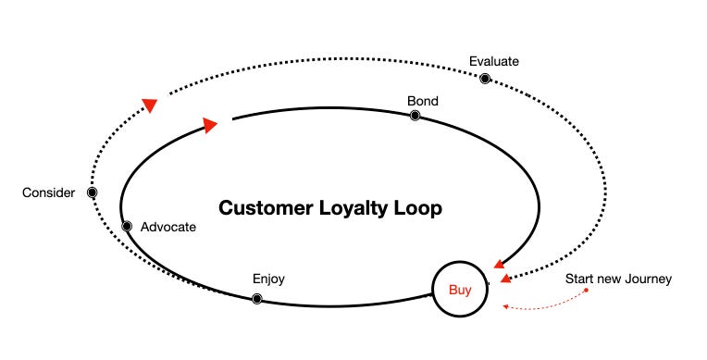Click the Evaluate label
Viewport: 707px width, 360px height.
pyautogui.click(x=494, y=61)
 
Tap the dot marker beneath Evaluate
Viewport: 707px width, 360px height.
pyautogui.click(x=484, y=78)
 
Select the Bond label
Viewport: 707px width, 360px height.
pyautogui.click(x=422, y=100)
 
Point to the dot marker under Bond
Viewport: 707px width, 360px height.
pyautogui.click(x=415, y=116)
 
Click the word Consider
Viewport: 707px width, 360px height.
pyautogui.click(x=48, y=192)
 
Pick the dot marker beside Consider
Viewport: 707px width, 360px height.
pyautogui.click(x=92, y=192)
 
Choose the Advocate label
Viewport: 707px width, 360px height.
pyautogui.click(x=168, y=227)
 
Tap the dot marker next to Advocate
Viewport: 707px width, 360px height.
pyautogui.click(x=127, y=227)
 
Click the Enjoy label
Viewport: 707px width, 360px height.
pyautogui.click(x=268, y=279)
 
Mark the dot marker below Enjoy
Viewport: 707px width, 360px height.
pyautogui.click(x=257, y=298)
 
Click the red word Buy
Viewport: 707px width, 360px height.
pyautogui.click(x=460, y=290)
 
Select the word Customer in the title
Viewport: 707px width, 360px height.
pyautogui.click(x=266, y=208)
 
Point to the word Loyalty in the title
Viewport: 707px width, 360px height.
pyautogui.click(x=357, y=208)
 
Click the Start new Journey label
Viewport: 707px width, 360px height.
pyautogui.click(x=618, y=279)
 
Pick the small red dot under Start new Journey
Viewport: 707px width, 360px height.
pyautogui.click(x=588, y=292)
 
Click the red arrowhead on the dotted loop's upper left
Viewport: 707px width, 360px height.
pyautogui.click(x=149, y=106)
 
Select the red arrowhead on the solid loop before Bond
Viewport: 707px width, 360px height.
pyautogui.click(x=210, y=124)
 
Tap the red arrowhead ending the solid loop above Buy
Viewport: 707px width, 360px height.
pyautogui.click(x=500, y=264)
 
